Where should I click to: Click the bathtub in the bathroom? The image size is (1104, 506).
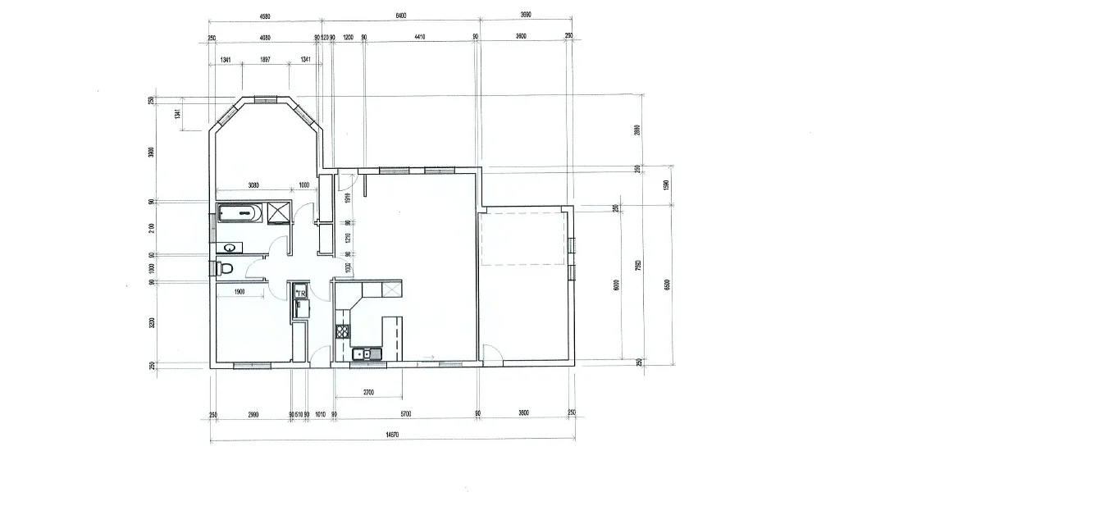(239, 213)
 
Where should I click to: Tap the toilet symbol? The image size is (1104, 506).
(225, 268)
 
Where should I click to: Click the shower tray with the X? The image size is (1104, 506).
(279, 212)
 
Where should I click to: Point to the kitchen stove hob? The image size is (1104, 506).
(342, 331)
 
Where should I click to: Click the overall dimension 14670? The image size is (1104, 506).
(390, 435)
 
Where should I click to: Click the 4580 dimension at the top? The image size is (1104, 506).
(265, 15)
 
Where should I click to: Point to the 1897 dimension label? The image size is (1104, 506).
(265, 60)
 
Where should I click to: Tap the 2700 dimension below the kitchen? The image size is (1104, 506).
(367, 392)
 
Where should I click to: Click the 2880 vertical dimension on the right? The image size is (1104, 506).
(637, 130)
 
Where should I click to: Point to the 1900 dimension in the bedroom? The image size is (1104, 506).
(240, 292)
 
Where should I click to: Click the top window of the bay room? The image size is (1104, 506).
(265, 99)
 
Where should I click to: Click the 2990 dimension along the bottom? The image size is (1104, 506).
(252, 413)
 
